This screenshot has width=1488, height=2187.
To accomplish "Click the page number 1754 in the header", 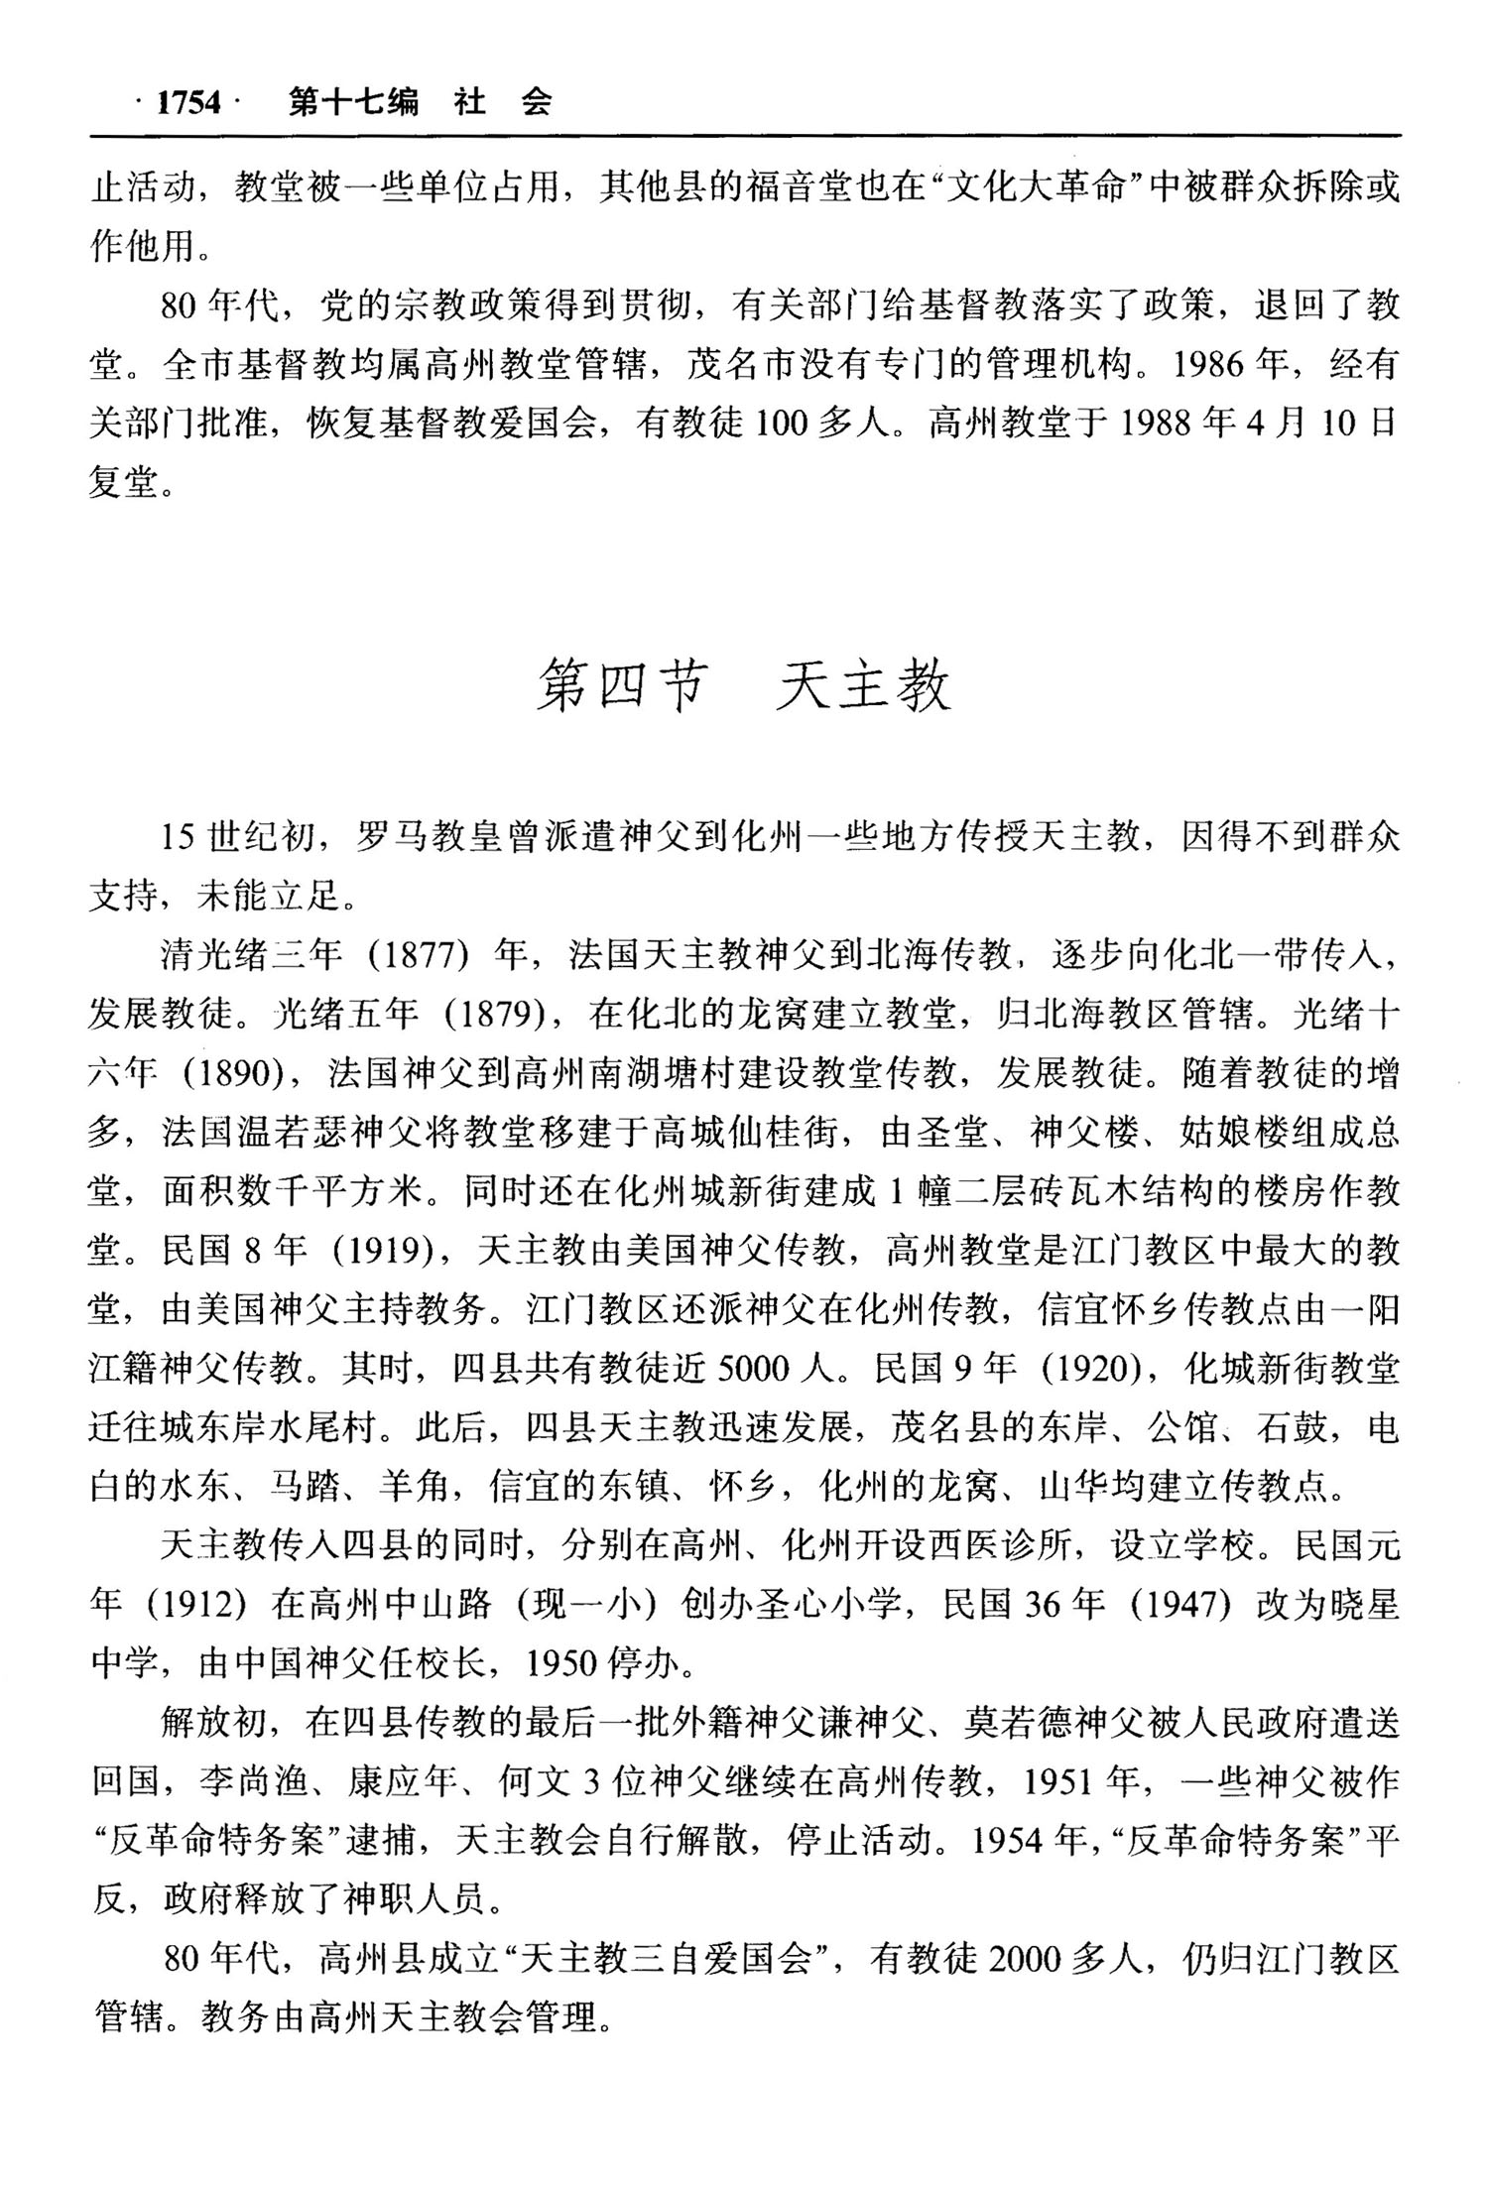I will (x=189, y=102).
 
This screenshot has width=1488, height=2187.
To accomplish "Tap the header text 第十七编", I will (x=353, y=102).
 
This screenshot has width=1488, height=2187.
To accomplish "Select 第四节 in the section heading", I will (x=621, y=686).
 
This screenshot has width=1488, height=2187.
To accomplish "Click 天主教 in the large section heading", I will (x=862, y=686).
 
